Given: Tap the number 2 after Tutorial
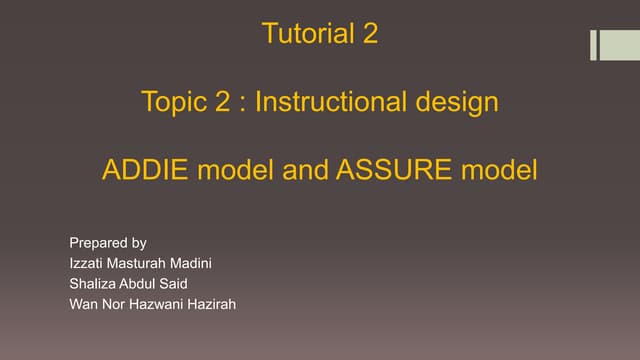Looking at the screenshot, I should coord(370,34).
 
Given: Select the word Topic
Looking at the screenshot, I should coord(173,102).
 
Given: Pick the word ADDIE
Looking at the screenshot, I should coord(146,171).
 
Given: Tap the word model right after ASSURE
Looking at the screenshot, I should coord(499,171).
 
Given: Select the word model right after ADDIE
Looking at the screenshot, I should coord(236,171).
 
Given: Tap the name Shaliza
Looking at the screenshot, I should coord(93,283).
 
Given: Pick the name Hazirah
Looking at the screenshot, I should coord(211,303).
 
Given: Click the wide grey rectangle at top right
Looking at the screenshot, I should coord(612,45).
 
